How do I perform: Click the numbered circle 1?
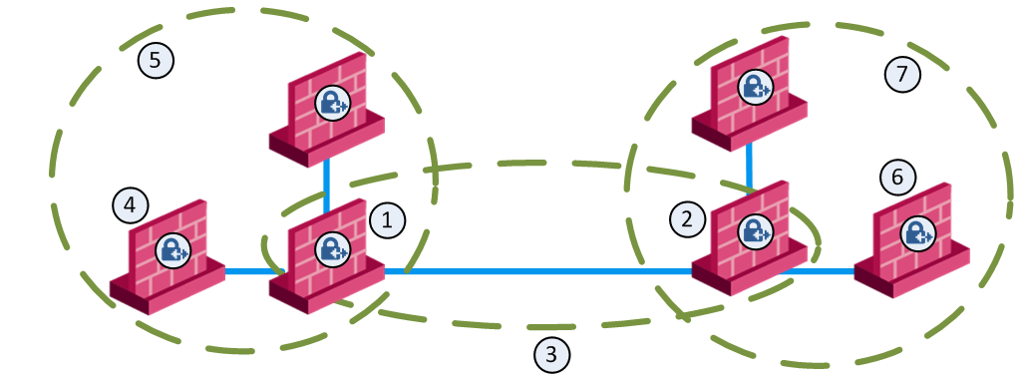click(387, 221)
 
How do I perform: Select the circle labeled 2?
click(686, 219)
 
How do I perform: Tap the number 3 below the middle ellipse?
click(551, 355)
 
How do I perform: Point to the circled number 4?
click(130, 206)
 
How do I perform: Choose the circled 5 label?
click(156, 61)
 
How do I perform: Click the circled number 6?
click(897, 178)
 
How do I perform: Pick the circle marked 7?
click(902, 75)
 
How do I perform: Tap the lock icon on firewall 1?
click(331, 248)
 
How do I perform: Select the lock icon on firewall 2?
click(755, 230)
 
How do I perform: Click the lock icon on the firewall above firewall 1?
click(332, 102)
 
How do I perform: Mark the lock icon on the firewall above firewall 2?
click(755, 86)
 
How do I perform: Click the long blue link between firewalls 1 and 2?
click(538, 271)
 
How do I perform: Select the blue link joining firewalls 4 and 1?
click(248, 271)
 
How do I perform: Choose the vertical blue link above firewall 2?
click(750, 167)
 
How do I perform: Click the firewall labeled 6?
click(911, 240)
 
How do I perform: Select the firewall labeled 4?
click(168, 256)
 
